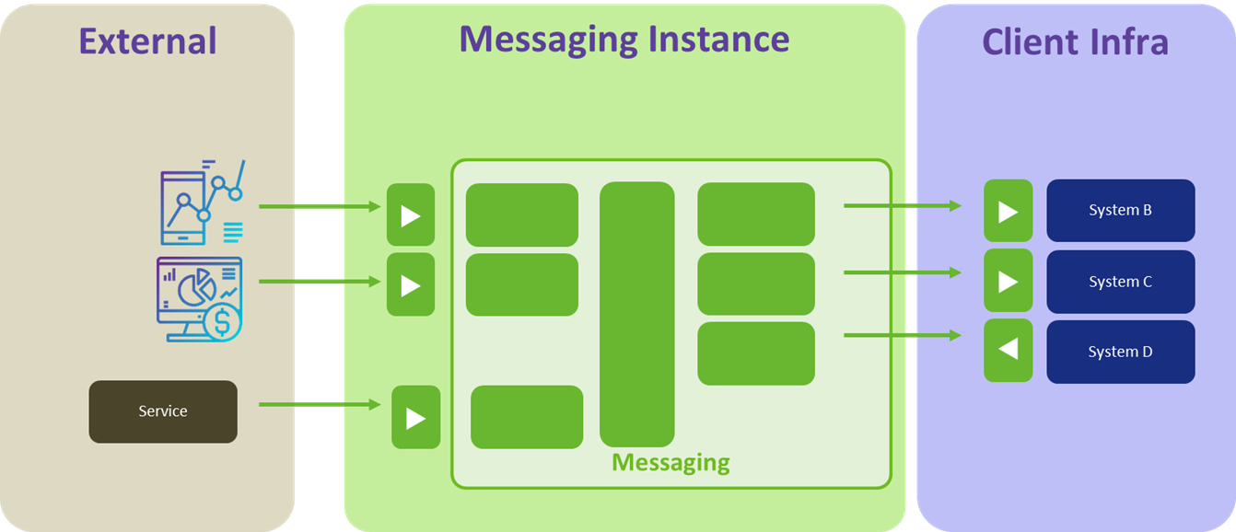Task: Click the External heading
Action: (147, 41)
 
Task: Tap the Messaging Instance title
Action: (624, 39)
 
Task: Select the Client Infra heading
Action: (1075, 41)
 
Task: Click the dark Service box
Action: (163, 411)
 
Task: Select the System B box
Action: (1120, 210)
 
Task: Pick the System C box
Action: (1120, 282)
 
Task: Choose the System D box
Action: (1120, 352)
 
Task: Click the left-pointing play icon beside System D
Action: (1008, 351)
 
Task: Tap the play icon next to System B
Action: (1008, 211)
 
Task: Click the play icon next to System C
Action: (1008, 281)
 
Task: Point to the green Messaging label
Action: (670, 462)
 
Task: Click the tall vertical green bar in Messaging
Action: (636, 314)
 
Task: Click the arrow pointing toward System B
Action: (902, 206)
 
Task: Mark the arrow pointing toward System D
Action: (902, 336)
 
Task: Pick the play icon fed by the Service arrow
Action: (415, 418)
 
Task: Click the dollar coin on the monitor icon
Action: (221, 322)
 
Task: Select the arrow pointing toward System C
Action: (902, 272)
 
